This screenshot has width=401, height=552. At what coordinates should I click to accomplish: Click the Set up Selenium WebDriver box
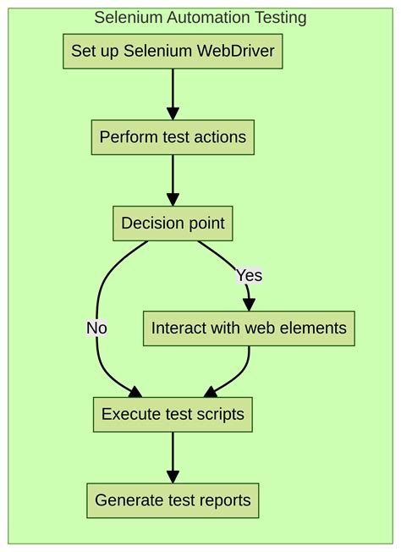[173, 52]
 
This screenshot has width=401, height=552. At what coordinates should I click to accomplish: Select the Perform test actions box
[173, 137]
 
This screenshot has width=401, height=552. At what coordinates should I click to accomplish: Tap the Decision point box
[173, 224]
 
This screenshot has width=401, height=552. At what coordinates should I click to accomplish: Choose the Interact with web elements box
[249, 328]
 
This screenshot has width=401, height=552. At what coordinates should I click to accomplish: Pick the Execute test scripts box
[173, 414]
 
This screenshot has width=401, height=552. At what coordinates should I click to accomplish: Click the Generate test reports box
[173, 500]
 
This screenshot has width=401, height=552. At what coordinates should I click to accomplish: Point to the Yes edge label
[249, 275]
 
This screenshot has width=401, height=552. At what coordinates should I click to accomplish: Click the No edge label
[96, 328]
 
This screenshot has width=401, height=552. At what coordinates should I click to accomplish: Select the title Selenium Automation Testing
[200, 17]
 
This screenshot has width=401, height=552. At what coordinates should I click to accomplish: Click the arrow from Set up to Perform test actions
[173, 93]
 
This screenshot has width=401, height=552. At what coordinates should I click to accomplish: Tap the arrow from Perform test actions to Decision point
[173, 179]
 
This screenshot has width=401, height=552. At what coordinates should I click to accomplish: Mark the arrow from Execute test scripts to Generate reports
[173, 457]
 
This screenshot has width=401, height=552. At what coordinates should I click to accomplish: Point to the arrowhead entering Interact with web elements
[249, 305]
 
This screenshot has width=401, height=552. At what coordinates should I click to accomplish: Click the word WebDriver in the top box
[236, 52]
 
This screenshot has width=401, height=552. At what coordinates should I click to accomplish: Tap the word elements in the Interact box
[315, 328]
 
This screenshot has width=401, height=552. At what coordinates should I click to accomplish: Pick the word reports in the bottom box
[224, 500]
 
